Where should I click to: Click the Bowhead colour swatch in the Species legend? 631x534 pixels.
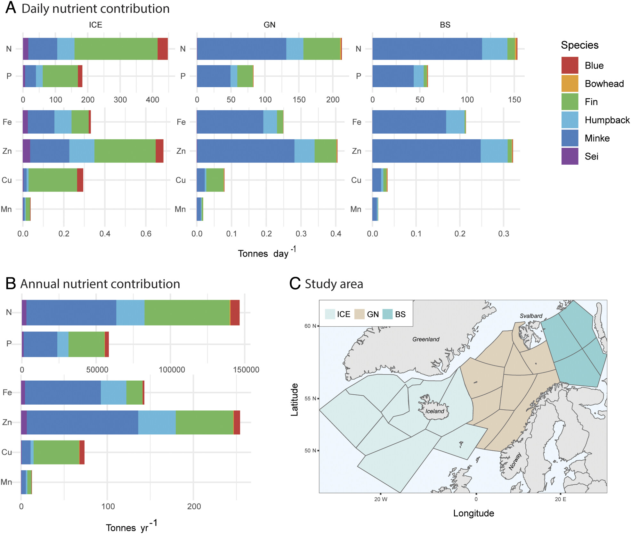pyautogui.click(x=570, y=84)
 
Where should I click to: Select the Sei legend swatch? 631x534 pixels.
pyautogui.click(x=570, y=156)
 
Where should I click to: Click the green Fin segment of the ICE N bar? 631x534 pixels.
pyautogui.click(x=116, y=49)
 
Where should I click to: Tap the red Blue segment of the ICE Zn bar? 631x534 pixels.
pyautogui.click(x=159, y=151)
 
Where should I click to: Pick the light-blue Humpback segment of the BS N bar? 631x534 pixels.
pyautogui.click(x=495, y=49)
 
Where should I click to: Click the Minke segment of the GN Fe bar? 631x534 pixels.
pyautogui.click(x=230, y=122)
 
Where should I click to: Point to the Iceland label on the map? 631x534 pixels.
pyautogui.click(x=434, y=411)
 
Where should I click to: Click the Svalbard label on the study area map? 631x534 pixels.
pyautogui.click(x=531, y=316)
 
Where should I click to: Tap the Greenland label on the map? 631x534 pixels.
pyautogui.click(x=425, y=339)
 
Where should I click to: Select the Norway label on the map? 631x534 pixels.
pyautogui.click(x=515, y=461)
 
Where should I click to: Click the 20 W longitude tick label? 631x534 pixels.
pyautogui.click(x=381, y=499)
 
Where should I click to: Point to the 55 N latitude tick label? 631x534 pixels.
pyautogui.click(x=310, y=398)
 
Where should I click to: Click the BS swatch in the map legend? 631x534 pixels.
pyautogui.click(x=388, y=314)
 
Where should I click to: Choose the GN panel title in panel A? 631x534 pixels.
pyautogui.click(x=269, y=25)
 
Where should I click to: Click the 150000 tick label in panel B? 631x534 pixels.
pyautogui.click(x=246, y=370)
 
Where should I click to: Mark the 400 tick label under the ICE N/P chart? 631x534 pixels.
pyautogui.click(x=152, y=100)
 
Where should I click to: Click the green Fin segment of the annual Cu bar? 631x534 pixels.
pyautogui.click(x=56, y=452)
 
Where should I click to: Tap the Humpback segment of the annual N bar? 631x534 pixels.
pyautogui.click(x=130, y=312)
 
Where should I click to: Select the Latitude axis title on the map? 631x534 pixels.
pyautogui.click(x=294, y=399)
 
